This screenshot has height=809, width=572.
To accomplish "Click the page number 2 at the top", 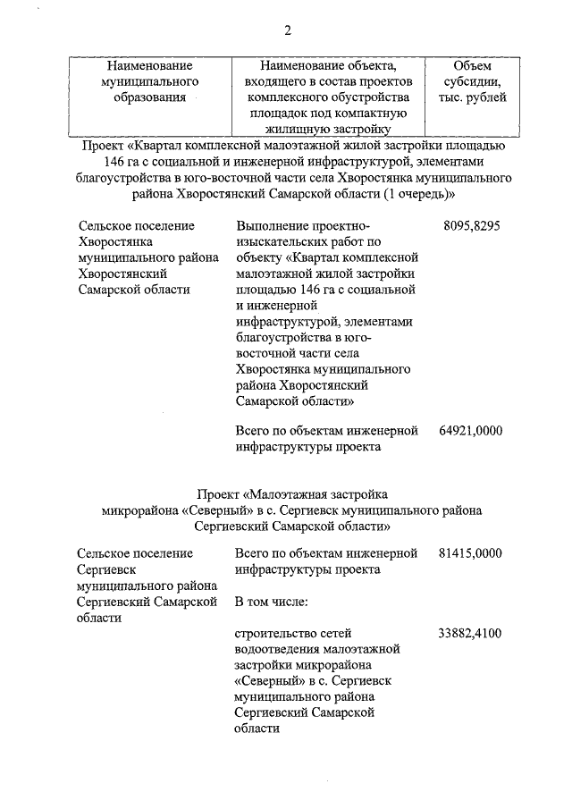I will (288, 30).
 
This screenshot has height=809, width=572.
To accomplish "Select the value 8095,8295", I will (471, 226).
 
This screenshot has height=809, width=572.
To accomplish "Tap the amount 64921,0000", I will (471, 430).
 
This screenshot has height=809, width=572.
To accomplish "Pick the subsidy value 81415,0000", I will (471, 553).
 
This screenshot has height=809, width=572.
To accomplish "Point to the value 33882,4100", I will (471, 634).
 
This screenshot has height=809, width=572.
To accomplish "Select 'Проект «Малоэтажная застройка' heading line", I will (292, 493).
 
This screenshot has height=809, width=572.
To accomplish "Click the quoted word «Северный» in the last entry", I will (267, 681).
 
